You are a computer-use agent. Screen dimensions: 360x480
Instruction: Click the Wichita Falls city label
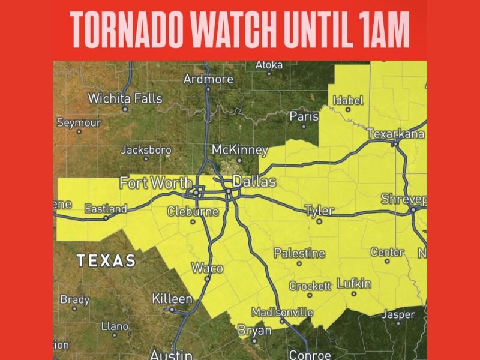click(125, 98)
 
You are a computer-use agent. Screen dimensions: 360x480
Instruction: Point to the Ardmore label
click(208, 79)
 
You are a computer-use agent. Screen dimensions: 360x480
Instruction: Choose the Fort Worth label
click(156, 182)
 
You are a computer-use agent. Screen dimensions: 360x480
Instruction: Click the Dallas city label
click(253, 181)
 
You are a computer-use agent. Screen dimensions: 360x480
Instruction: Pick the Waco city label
click(207, 268)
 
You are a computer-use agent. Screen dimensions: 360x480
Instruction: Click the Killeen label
click(172, 298)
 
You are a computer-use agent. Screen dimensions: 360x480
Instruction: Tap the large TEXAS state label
click(106, 260)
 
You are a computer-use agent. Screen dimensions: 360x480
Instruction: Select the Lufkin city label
click(354, 283)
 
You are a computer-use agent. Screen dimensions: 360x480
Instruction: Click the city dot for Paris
click(304, 126)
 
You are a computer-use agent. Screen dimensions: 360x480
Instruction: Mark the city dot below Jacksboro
click(146, 159)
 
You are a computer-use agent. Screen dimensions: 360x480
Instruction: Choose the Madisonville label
click(282, 313)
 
